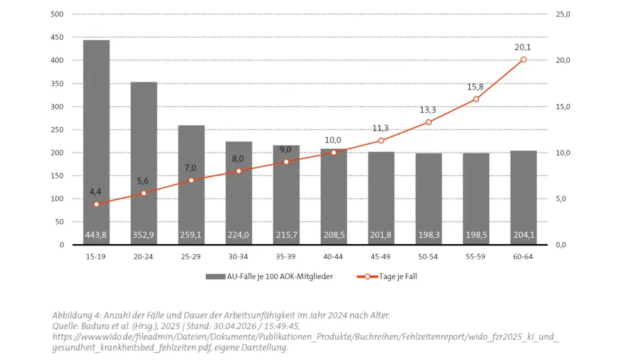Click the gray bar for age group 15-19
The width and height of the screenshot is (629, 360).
96,142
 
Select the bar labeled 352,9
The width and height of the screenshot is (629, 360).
143,163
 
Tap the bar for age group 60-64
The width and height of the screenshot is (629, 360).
523,198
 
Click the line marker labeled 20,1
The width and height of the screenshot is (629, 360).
523,60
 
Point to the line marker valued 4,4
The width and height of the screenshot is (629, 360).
96,205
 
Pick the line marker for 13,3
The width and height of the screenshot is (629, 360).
428,122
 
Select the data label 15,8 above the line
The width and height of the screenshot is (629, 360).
475,87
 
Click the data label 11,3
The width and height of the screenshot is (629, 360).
381,128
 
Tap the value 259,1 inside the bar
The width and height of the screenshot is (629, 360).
191,235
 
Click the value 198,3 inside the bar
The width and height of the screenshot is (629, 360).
429,235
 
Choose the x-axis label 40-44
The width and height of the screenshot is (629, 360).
333,256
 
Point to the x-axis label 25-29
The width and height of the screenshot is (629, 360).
191,256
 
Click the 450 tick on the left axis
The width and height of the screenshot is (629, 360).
57,37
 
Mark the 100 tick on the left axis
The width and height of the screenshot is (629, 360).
57,199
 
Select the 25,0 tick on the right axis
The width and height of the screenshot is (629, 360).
563,14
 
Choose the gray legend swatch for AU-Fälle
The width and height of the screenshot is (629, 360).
215,276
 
